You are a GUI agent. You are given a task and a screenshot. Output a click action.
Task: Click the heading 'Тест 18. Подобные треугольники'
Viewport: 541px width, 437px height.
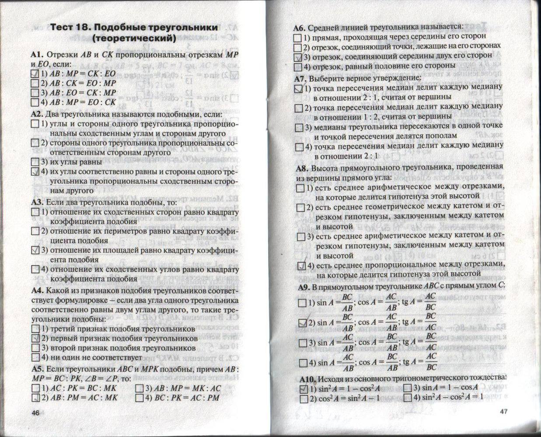pyautogui.click(x=134, y=28)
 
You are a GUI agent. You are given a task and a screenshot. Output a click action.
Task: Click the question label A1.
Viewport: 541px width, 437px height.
pyautogui.click(x=37, y=55)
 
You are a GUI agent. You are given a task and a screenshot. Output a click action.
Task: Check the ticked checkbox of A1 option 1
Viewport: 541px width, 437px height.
pyautogui.click(x=35, y=74)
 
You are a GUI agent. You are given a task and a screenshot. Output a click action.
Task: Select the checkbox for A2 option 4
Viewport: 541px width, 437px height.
pyautogui.click(x=35, y=172)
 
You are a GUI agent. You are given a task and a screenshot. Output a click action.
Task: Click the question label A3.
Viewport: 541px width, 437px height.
pyautogui.click(x=38, y=202)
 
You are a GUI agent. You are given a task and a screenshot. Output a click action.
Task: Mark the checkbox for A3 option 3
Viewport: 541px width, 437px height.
pyautogui.click(x=35, y=250)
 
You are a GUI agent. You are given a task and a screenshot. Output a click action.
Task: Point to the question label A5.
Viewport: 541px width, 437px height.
pyautogui.click(x=38, y=368)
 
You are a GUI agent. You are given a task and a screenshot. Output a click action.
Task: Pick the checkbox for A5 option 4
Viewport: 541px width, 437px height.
pyautogui.click(x=140, y=398)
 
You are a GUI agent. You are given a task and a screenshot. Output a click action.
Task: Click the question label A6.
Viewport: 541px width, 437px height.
pyautogui.click(x=299, y=28)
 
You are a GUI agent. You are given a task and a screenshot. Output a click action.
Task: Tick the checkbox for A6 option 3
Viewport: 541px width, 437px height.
pyautogui.click(x=298, y=57)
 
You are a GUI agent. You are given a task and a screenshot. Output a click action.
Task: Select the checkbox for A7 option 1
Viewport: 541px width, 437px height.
pyautogui.click(x=298, y=89)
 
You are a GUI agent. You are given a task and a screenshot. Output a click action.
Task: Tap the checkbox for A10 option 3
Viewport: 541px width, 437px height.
pyautogui.click(x=407, y=388)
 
